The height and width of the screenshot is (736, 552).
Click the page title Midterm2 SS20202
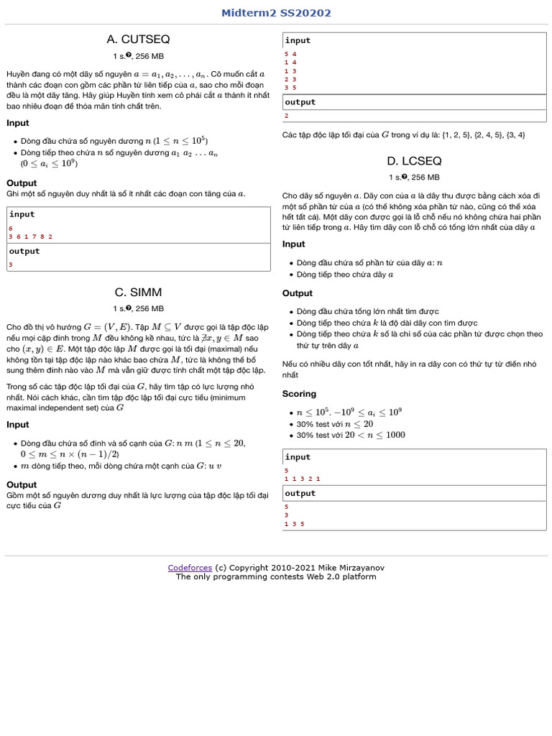tap(276, 13)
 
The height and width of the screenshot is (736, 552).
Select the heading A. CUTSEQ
tap(138, 40)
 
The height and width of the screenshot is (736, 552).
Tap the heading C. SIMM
tap(138, 293)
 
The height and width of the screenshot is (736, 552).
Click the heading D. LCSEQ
tap(414, 161)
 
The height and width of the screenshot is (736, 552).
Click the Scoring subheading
tap(299, 394)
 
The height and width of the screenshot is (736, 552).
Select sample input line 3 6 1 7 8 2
tap(30, 236)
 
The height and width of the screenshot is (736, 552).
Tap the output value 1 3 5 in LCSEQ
tap(294, 524)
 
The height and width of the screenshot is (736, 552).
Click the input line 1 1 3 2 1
tap(302, 478)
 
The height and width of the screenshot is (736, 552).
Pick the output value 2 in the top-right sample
tap(287, 115)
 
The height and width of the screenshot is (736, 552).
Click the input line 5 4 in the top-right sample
tap(290, 54)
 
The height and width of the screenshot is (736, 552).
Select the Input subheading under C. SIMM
tap(18, 425)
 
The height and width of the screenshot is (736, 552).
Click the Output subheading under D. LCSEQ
tap(298, 293)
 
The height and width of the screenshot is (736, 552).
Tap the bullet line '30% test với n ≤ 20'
tap(335, 424)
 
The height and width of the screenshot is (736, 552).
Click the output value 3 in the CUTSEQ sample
tap(11, 264)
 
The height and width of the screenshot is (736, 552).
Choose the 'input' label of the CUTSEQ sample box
tap(22, 214)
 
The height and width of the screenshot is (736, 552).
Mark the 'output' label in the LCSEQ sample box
tap(300, 494)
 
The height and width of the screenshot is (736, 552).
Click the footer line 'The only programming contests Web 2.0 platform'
tap(276, 576)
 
